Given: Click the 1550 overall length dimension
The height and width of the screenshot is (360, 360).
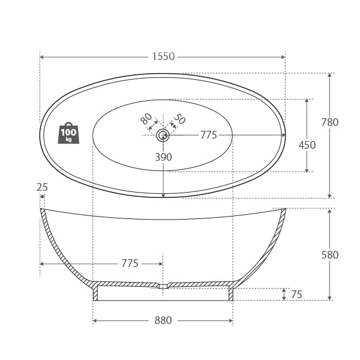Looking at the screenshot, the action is point(163,56).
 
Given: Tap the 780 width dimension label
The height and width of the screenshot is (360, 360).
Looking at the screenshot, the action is point(329,122).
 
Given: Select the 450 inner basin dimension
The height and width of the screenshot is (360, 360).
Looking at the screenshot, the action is point(307,145).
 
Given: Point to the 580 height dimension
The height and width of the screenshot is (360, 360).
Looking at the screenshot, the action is point(329,255).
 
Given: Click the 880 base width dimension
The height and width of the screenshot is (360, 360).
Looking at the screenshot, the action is point(163,320).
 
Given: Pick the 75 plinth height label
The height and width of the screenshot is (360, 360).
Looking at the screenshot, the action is point(296,295).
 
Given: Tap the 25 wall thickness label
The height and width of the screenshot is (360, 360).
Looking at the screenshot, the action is point(42,187).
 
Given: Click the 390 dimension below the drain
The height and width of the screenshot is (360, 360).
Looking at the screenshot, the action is point(163,157).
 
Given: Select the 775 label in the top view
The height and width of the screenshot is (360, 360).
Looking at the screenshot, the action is point(208,135).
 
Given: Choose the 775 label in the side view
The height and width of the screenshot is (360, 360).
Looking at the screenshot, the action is point(130,263).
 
